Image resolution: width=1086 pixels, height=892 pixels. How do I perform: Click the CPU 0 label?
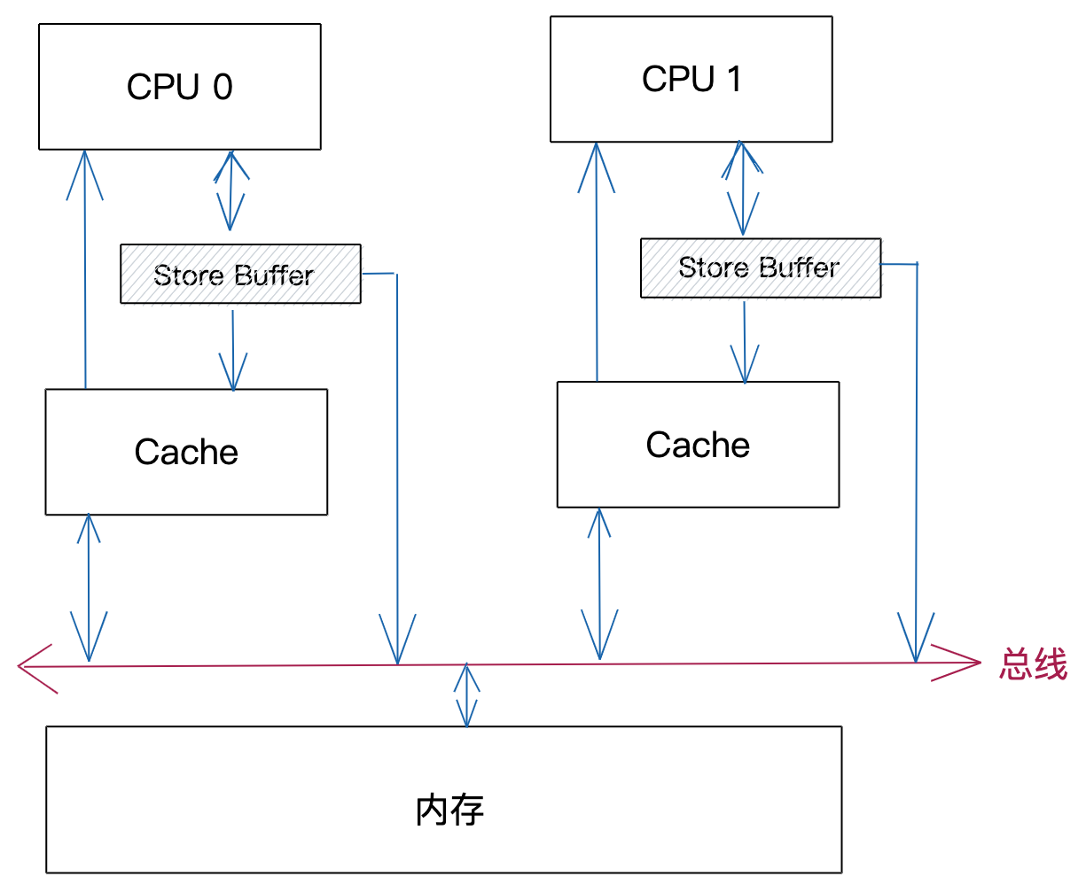point(179,87)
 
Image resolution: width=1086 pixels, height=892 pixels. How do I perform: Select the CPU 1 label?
point(691,79)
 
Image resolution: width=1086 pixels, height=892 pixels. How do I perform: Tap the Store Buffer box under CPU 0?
point(240,275)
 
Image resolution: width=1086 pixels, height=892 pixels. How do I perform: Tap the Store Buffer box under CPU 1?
point(761,268)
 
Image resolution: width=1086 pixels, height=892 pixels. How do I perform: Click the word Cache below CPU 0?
point(186,452)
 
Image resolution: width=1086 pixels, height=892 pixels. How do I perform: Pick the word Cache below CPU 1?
point(698,445)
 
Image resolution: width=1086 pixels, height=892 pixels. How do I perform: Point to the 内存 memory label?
point(449,810)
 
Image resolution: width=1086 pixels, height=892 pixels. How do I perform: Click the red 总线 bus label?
point(1033,664)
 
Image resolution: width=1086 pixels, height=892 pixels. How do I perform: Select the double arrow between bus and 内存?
point(466,695)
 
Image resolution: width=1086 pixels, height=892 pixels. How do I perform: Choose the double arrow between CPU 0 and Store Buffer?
point(230,190)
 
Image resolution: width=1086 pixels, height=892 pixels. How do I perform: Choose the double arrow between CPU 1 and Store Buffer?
point(742,188)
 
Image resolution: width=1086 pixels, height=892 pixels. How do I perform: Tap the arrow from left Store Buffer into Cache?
point(233,350)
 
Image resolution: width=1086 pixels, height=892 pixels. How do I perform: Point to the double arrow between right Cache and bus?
point(600,584)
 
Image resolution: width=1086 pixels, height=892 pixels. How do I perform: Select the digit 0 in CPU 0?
point(223,87)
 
